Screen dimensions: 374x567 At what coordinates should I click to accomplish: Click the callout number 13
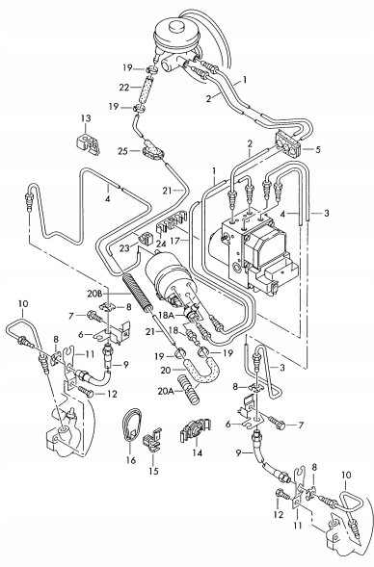[x=86, y=118]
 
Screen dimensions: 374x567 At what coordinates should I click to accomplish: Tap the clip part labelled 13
[x=88, y=144]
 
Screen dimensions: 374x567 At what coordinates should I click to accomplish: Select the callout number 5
[x=317, y=149]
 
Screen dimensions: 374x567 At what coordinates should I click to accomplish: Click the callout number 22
[x=124, y=88]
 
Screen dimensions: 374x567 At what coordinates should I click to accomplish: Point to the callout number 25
[x=123, y=151]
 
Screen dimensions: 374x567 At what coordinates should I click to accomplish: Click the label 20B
[x=95, y=294]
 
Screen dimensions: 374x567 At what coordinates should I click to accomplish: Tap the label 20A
[x=166, y=391]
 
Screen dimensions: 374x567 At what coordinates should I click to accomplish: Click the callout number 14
[x=198, y=452]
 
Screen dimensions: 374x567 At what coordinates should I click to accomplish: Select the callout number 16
[x=131, y=460]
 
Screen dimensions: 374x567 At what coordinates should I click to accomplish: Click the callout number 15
[x=154, y=471]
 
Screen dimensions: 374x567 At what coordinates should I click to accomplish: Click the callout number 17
[x=185, y=240]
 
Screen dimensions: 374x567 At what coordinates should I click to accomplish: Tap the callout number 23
[x=124, y=248]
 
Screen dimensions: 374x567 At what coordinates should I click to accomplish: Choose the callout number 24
[x=161, y=245]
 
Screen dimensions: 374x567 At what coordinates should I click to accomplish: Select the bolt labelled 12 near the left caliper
[x=86, y=392]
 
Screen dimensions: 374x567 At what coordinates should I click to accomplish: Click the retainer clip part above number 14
[x=195, y=431]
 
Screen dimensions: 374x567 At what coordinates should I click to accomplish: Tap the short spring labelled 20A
[x=188, y=388]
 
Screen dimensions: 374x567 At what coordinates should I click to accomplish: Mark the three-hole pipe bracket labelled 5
[x=288, y=145]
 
